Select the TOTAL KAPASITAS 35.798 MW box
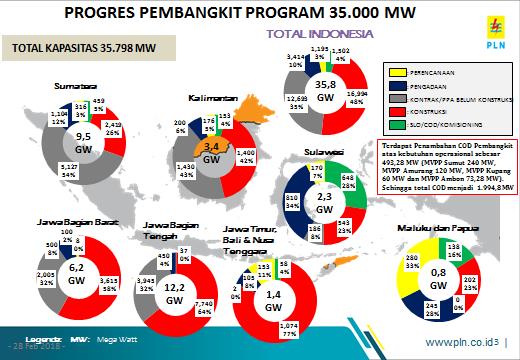coord(71,47)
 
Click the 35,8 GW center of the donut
coord(325,91)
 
